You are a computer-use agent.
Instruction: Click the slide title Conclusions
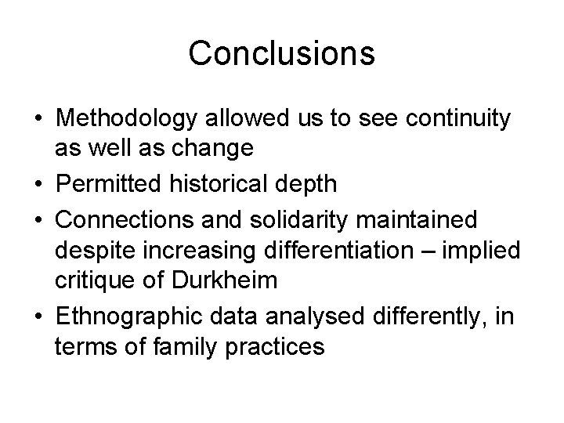click(x=282, y=53)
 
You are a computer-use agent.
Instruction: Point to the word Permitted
click(x=110, y=185)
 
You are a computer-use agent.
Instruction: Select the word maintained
click(x=418, y=221)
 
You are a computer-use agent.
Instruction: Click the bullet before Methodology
click(x=38, y=121)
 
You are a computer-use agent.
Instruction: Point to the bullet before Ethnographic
click(x=38, y=317)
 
